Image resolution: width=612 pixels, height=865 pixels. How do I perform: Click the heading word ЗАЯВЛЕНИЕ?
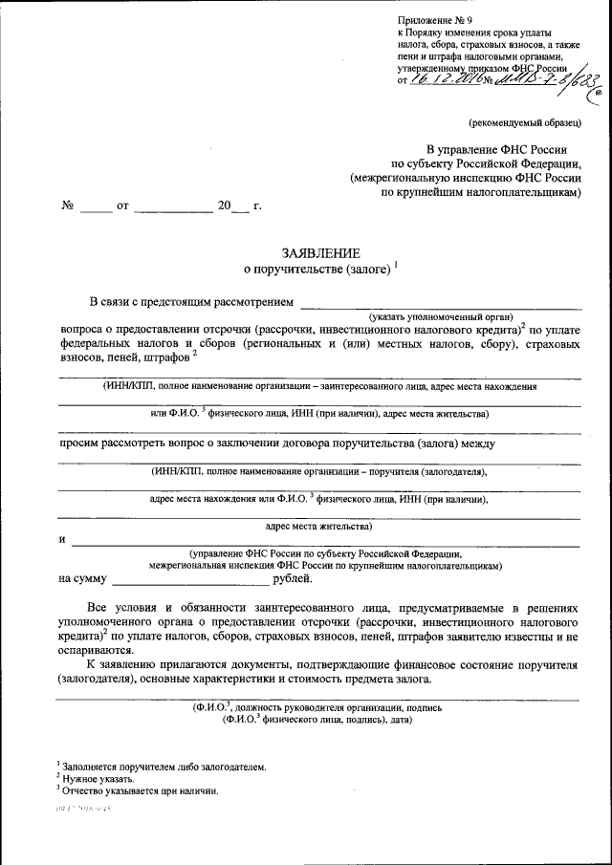tap(320, 253)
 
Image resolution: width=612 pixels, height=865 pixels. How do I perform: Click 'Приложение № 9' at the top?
tap(435, 20)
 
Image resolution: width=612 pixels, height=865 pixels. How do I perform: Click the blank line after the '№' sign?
tap(96, 205)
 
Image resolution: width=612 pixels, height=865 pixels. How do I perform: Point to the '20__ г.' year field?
tap(239, 205)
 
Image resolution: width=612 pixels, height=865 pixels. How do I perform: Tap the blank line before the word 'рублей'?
tap(191, 578)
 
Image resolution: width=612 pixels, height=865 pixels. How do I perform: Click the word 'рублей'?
tap(292, 578)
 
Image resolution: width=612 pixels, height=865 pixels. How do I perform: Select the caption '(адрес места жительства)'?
tap(318, 526)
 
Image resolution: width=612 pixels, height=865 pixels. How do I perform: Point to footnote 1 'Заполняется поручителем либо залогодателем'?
tap(163, 767)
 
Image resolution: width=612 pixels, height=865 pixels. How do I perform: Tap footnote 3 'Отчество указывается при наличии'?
tap(140, 791)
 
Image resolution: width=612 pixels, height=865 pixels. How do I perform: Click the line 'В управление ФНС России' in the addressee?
tap(503, 150)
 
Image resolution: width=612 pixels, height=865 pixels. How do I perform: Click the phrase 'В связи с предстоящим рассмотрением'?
tap(191, 303)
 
